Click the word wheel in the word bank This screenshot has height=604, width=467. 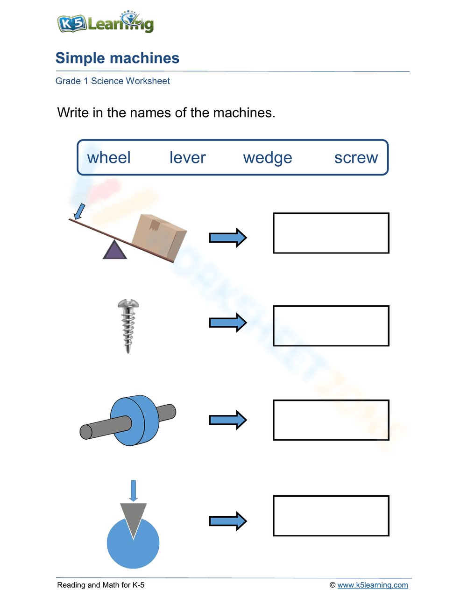(x=109, y=158)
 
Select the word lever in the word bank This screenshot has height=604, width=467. (x=187, y=158)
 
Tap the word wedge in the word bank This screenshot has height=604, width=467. (x=268, y=158)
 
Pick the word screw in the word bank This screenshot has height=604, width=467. (x=356, y=158)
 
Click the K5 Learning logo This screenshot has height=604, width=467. (x=106, y=22)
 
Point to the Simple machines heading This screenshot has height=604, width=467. (x=117, y=58)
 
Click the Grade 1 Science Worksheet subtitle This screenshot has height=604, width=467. (x=113, y=81)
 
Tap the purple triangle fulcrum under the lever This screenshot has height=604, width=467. (x=114, y=251)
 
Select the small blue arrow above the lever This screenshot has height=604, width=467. (x=80, y=211)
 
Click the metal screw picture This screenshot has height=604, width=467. (x=128, y=325)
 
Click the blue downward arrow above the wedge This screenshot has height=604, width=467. (x=134, y=490)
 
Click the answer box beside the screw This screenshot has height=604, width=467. (x=331, y=326)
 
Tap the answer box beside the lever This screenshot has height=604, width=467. (x=331, y=233)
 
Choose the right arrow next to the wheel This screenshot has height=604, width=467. (x=227, y=420)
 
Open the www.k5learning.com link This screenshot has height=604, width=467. (x=372, y=585)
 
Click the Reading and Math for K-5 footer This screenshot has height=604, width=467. (x=101, y=585)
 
